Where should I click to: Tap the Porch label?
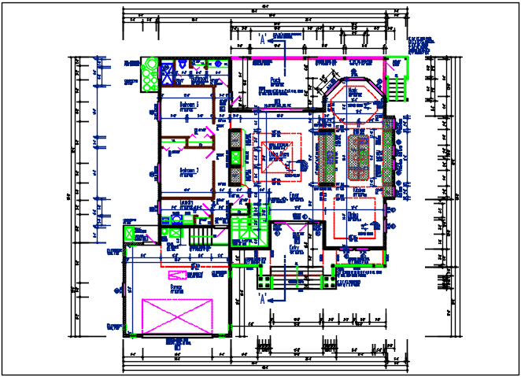pyautogui.click(x=276, y=80)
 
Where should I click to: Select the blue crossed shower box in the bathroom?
pyautogui.click(x=167, y=73)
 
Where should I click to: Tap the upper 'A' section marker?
pyautogui.click(x=260, y=39)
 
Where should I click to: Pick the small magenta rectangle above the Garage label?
pyautogui.click(x=180, y=275)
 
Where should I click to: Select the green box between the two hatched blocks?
pyautogui.click(x=236, y=157)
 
